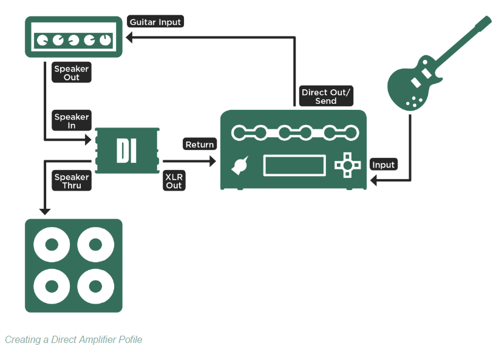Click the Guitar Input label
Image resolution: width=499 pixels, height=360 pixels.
(x=156, y=22)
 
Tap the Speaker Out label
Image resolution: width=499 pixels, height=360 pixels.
(x=71, y=73)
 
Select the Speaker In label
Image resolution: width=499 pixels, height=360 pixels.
(x=71, y=121)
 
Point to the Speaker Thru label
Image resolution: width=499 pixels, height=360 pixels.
(x=71, y=181)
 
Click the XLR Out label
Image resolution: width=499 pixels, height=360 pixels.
(x=174, y=181)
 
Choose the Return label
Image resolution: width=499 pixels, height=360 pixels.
(x=200, y=144)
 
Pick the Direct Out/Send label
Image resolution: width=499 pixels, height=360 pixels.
(x=326, y=97)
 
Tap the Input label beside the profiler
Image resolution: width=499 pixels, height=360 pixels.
(x=383, y=165)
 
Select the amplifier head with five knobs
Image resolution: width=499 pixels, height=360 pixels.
(x=73, y=36)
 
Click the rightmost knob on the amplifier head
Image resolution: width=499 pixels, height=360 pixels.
(x=106, y=41)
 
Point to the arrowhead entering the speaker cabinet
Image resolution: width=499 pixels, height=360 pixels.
(x=44, y=210)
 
